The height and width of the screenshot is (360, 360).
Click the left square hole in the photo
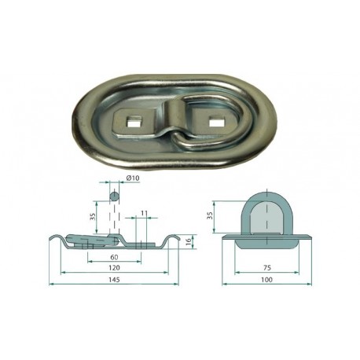pyautogui.click(x=133, y=122)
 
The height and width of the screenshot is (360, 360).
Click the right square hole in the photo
pyautogui.click(x=215, y=121)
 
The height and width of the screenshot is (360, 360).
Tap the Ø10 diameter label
pyautogui.click(x=133, y=178)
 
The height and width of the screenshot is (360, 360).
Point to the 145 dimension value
pyautogui.click(x=114, y=280)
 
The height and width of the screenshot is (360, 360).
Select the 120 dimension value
pyautogui.click(x=114, y=268)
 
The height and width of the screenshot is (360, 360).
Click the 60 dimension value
pyautogui.click(x=114, y=257)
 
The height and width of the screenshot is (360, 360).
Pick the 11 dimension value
pyautogui.click(x=144, y=213)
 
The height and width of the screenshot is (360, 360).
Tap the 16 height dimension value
pyautogui.click(x=188, y=242)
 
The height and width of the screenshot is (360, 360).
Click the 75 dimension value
pyautogui.click(x=266, y=268)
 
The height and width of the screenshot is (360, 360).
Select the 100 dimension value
pyautogui.click(x=266, y=280)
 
